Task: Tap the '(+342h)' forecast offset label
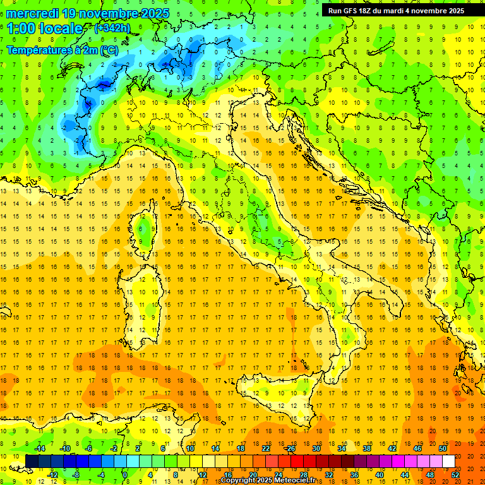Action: click(x=113, y=28)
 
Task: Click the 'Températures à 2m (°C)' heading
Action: click(x=62, y=51)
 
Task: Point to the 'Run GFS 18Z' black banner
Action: click(x=396, y=10)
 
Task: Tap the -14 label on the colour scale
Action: click(x=40, y=448)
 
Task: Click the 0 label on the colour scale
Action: click(x=125, y=475)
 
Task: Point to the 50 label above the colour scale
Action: click(x=442, y=448)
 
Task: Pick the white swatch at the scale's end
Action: click(x=448, y=462)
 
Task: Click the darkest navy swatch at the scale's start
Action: click(x=32, y=462)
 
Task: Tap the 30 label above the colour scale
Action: click(x=316, y=448)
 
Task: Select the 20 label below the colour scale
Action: click(x=253, y=475)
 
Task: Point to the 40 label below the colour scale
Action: click(x=379, y=475)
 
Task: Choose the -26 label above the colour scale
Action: click(x=290, y=448)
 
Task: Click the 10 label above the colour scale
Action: click(x=190, y=448)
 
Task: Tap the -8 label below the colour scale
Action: click(x=76, y=475)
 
